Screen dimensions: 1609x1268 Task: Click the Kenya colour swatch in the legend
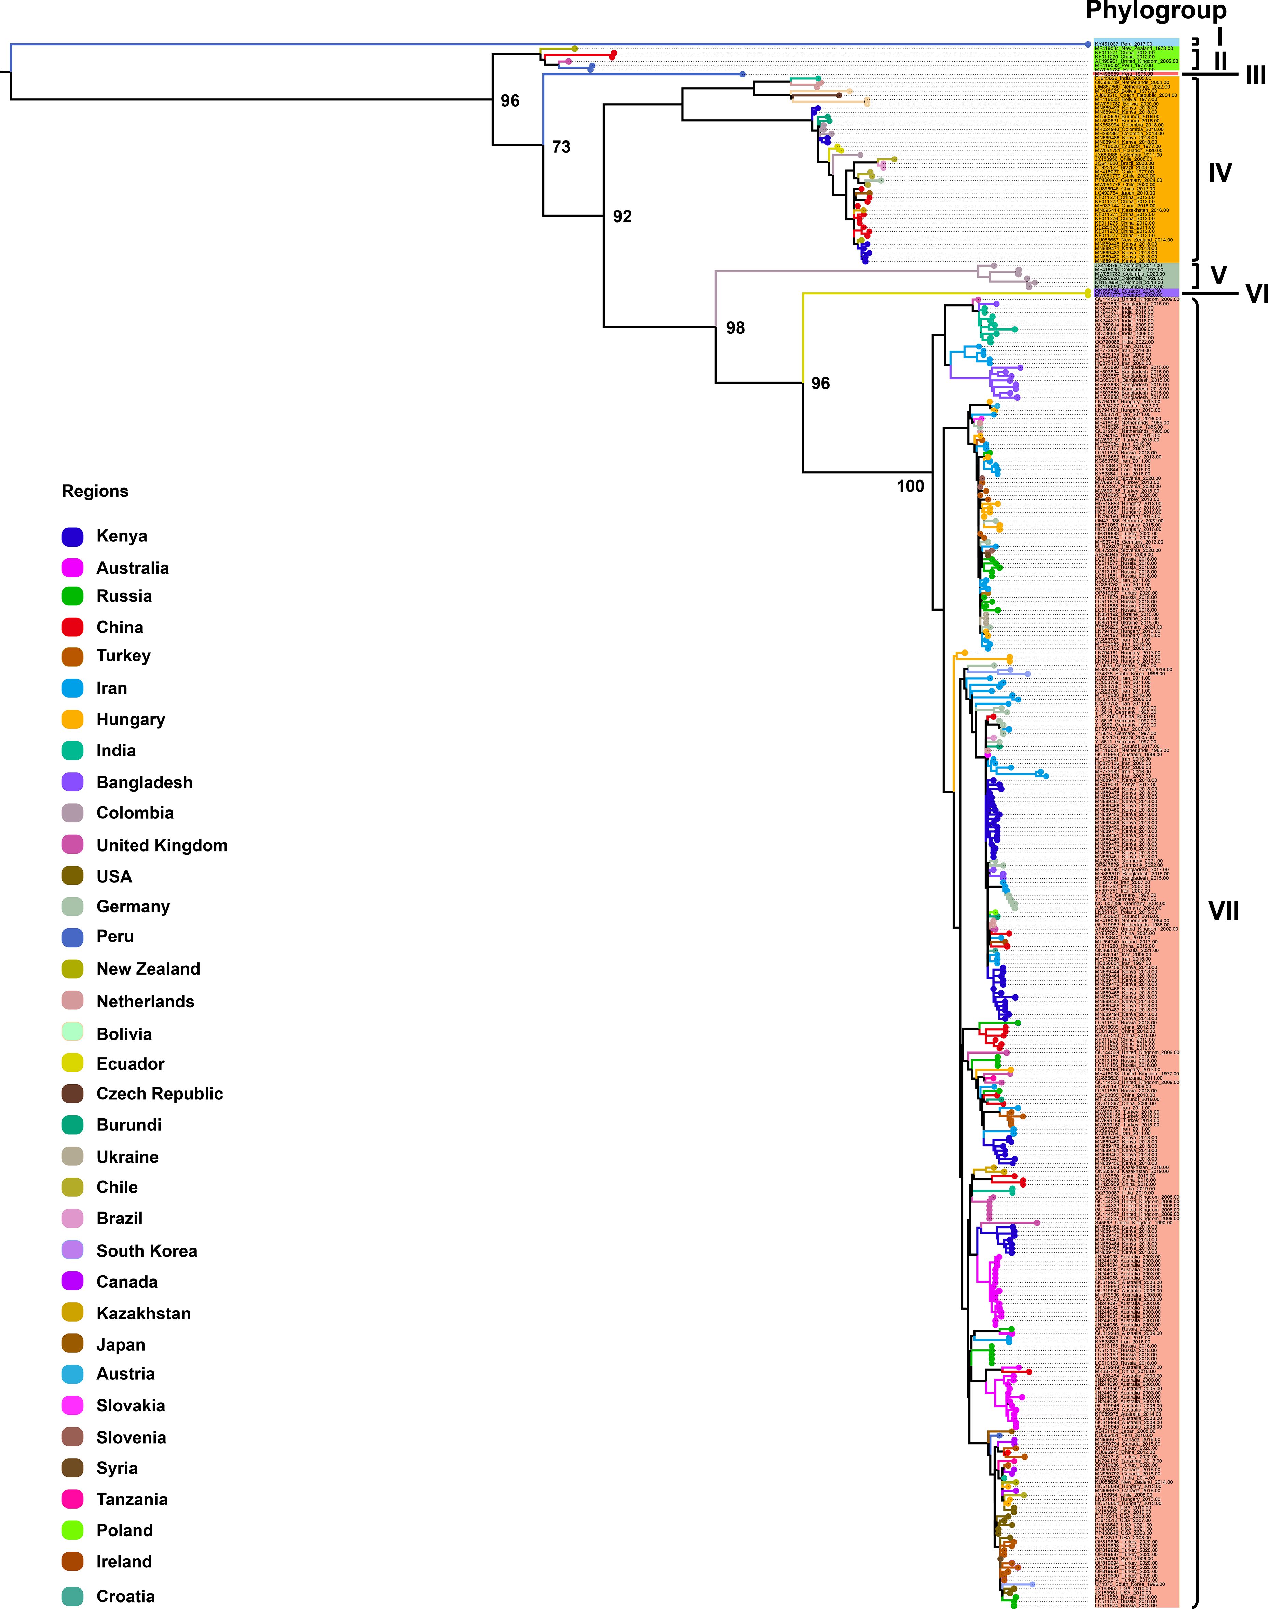pos(72,536)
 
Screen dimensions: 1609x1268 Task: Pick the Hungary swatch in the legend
pos(72,720)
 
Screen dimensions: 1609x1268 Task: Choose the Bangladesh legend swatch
pos(72,782)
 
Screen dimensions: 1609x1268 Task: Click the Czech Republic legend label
pos(160,1094)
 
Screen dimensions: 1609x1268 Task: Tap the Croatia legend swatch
pos(72,1596)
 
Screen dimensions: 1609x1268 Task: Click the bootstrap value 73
pos(561,147)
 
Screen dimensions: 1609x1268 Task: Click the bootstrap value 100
pos(910,486)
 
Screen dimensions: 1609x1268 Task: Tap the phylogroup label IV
pos(1220,173)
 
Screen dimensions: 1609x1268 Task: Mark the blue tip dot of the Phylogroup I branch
pos(1088,44)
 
